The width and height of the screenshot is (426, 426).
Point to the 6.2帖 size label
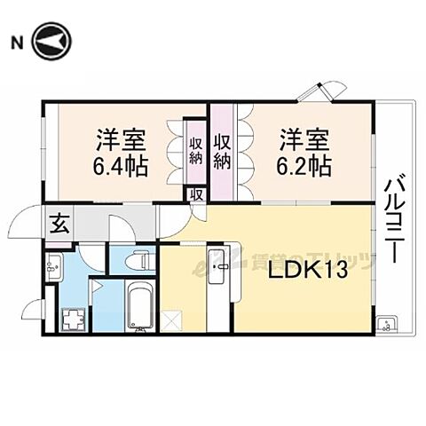[x=306, y=164]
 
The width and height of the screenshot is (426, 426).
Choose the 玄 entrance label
[x=57, y=223]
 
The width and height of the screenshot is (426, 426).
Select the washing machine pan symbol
[x=70, y=318]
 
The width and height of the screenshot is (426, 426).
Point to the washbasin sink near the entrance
[x=53, y=264]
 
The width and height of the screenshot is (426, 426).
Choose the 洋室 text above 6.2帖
[x=306, y=140]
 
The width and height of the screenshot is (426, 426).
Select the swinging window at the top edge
[x=319, y=91]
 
